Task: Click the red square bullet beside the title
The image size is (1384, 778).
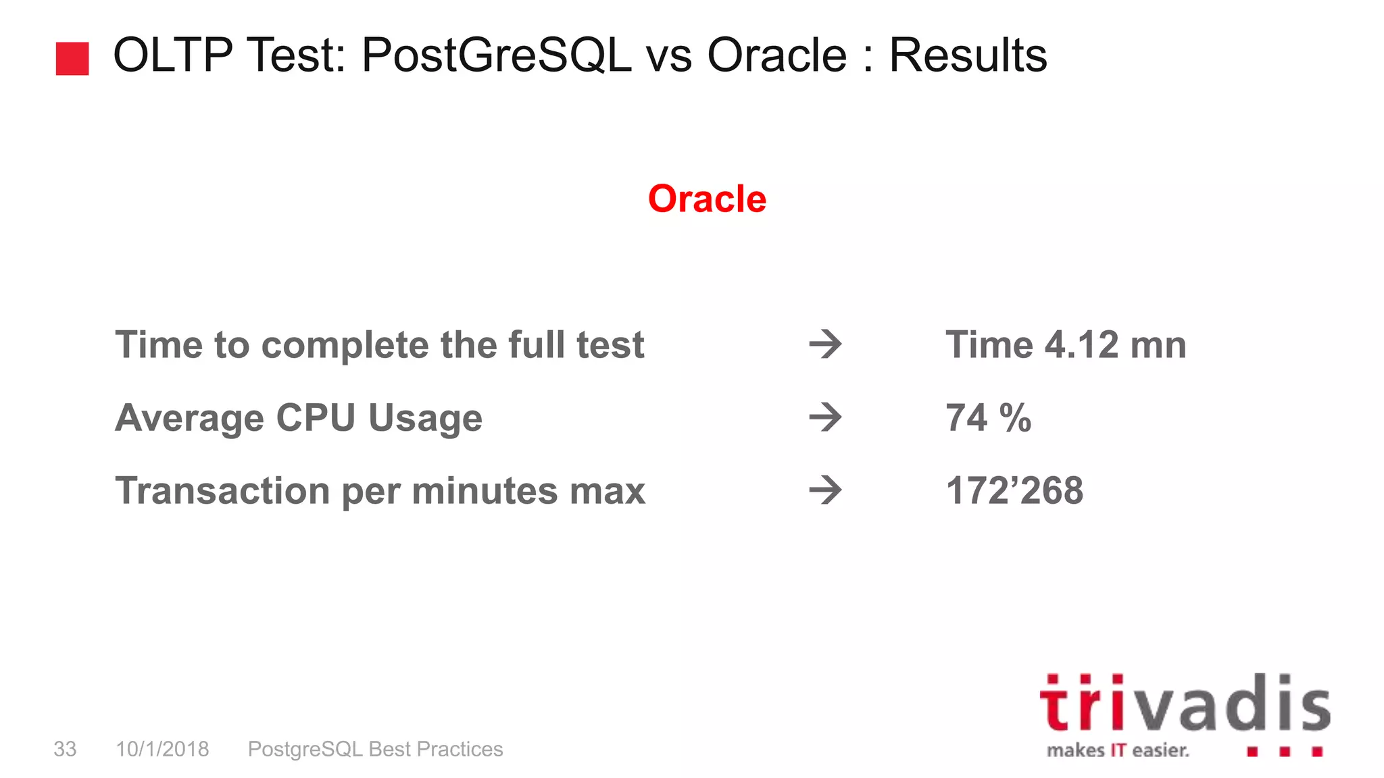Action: (72, 59)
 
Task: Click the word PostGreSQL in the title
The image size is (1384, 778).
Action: (497, 55)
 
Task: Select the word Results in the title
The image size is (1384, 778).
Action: (968, 55)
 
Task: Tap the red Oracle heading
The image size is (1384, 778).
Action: (707, 199)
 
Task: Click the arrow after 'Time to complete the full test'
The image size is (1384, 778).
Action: (825, 345)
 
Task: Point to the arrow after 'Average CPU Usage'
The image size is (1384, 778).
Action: (825, 418)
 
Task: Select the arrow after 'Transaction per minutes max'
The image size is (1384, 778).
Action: (825, 490)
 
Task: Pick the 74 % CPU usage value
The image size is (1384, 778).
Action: (988, 418)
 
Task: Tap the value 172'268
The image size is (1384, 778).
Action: (1014, 490)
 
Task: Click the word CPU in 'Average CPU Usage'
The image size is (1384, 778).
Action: (316, 418)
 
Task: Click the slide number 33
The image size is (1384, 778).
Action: (65, 749)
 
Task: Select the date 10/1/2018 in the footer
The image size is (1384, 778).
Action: (162, 749)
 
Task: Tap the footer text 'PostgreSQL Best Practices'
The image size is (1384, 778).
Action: (375, 749)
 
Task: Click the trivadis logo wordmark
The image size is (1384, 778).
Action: (1185, 704)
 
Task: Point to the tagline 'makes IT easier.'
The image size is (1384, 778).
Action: (1118, 750)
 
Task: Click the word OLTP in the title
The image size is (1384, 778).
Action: (172, 55)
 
